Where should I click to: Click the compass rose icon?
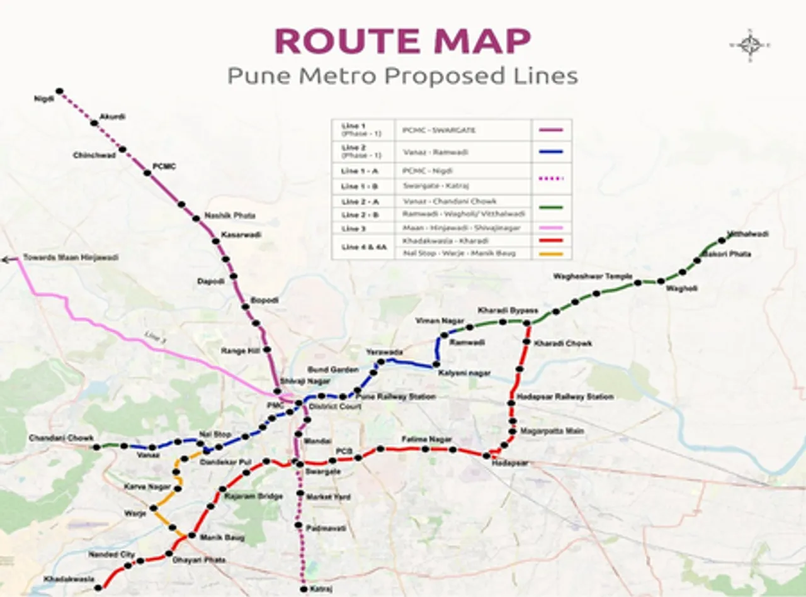point(750,45)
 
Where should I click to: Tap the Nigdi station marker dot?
point(60,91)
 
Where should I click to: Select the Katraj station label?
point(321,589)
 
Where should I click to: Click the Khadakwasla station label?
point(69,579)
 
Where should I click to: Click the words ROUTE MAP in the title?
point(403,42)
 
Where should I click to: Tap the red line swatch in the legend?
point(551,240)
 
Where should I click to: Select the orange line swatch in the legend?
point(551,254)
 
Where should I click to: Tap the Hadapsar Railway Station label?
point(564,397)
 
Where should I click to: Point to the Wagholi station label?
point(681,289)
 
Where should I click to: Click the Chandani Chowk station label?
point(61,438)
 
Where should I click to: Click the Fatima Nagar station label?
point(426,438)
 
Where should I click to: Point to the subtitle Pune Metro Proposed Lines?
point(402,76)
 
